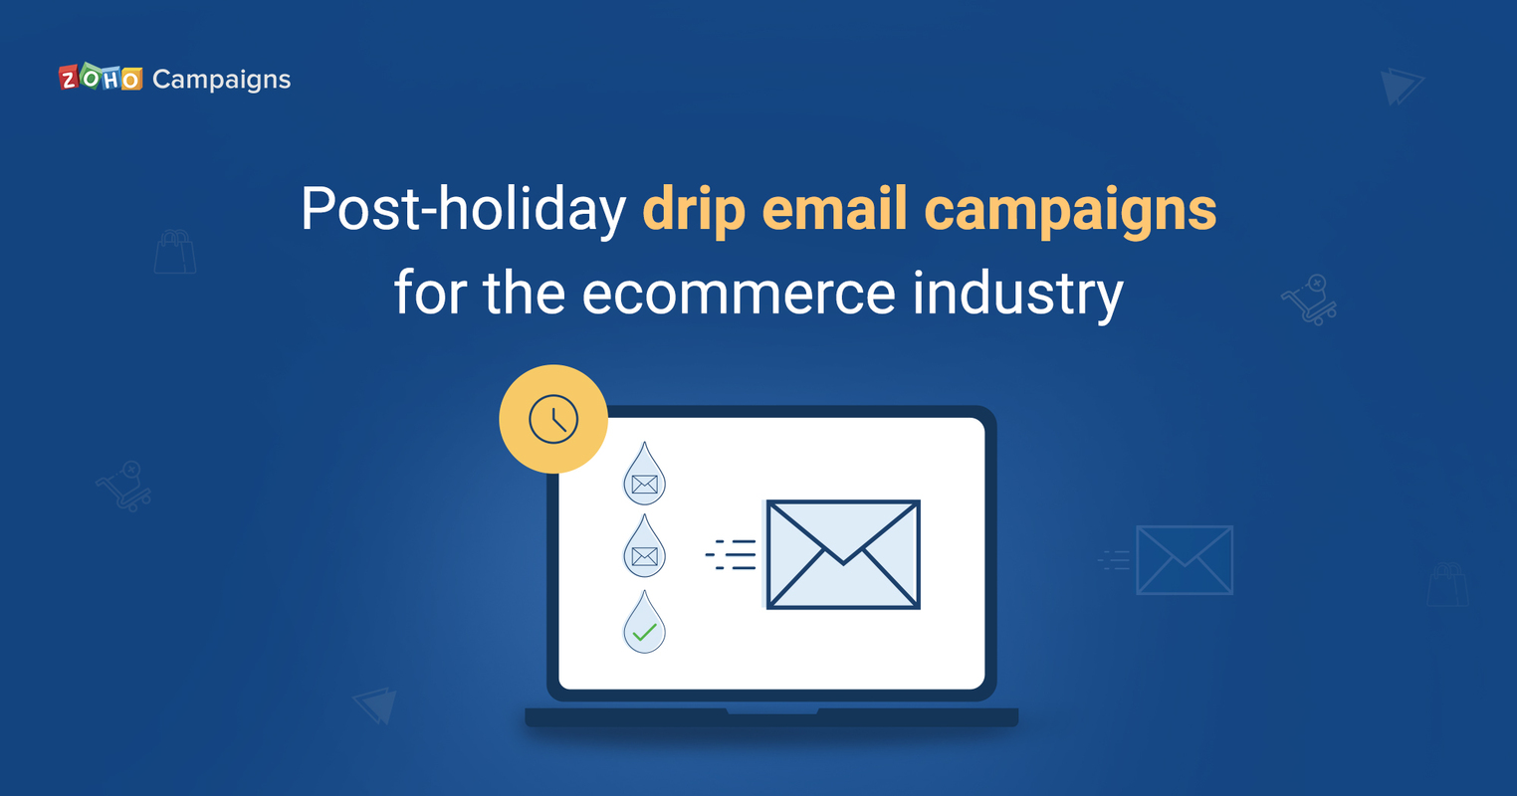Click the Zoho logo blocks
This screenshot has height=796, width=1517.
[101, 79]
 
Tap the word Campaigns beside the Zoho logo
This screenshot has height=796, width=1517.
[221, 80]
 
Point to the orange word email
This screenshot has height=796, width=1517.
[834, 209]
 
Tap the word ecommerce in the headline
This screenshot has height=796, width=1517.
[740, 294]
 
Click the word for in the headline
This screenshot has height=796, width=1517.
[430, 293]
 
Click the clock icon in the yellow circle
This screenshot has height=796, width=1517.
[553, 419]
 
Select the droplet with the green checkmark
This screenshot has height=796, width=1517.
[644, 624]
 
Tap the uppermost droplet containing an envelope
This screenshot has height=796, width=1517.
[644, 476]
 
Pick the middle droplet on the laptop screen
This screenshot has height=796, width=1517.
[644, 548]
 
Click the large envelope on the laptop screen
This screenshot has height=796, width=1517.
[843, 554]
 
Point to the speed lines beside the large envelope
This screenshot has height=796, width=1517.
[732, 555]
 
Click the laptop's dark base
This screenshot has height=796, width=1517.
[771, 716]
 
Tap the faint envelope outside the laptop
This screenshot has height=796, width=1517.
[1184, 560]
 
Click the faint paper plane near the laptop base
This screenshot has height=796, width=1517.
[376, 704]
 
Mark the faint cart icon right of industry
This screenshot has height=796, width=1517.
[1310, 299]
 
